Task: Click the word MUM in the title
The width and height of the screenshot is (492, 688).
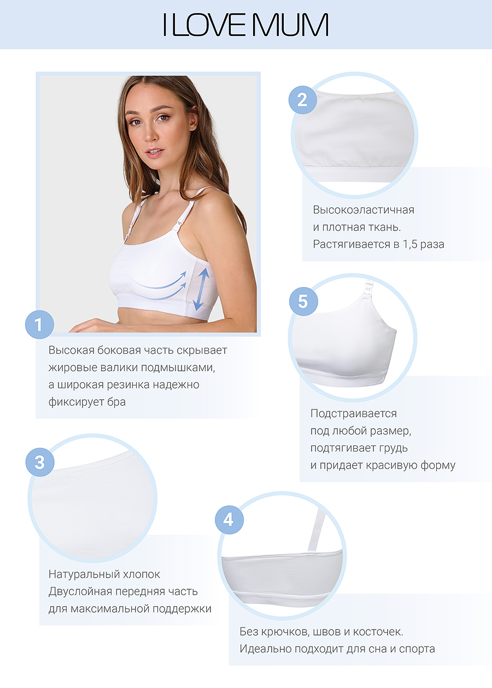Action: click(x=290, y=25)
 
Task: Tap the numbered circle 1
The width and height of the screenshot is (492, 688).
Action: click(x=39, y=325)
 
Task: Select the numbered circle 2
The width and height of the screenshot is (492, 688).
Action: click(x=303, y=100)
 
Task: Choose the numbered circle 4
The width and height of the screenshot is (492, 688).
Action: click(x=229, y=520)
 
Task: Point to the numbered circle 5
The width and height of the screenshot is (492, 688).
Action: click(x=303, y=301)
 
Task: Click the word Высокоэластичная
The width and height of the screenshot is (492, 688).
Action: click(x=364, y=210)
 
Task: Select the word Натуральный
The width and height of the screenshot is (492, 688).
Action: click(x=84, y=574)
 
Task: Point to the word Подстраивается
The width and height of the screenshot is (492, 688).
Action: click(x=354, y=414)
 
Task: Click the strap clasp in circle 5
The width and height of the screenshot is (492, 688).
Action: click(x=368, y=289)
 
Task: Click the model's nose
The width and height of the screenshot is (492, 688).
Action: click(x=149, y=134)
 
